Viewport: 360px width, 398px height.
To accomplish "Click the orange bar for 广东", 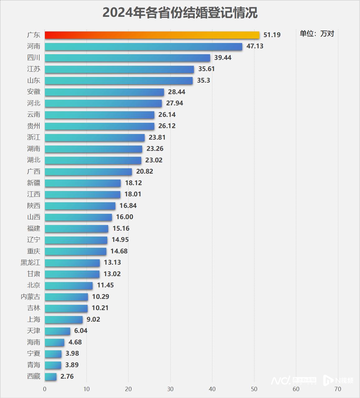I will click(x=152, y=35).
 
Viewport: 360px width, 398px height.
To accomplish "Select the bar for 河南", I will click(x=143, y=46).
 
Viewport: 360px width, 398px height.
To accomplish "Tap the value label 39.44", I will click(x=223, y=58).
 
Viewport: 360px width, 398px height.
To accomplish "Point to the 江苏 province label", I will click(x=34, y=69).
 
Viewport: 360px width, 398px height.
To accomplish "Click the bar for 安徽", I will click(x=104, y=92).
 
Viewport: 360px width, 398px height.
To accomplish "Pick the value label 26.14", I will click(x=167, y=115).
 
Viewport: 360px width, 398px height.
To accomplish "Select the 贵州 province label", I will click(x=34, y=126).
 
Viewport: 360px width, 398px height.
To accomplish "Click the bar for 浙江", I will click(x=94, y=137).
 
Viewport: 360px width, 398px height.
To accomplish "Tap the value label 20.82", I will click(x=145, y=171).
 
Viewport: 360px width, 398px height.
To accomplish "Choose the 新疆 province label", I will click(x=34, y=183).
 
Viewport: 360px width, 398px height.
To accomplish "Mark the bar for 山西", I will click(x=78, y=217).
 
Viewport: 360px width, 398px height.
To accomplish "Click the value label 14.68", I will click(x=119, y=251).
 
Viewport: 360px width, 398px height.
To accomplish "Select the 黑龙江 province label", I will click(x=31, y=263).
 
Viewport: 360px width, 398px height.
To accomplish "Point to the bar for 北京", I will click(x=69, y=285).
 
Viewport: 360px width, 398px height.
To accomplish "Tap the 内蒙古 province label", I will click(x=31, y=297).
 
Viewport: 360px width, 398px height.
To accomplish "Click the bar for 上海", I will click(x=64, y=319).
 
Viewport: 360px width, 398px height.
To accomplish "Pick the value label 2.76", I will click(x=67, y=376).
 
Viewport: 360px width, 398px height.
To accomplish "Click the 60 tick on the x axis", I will click(x=296, y=389).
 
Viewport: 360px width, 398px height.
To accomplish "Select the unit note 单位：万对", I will click(x=317, y=34).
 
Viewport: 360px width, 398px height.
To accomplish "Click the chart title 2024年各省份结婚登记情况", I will click(x=180, y=13).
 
